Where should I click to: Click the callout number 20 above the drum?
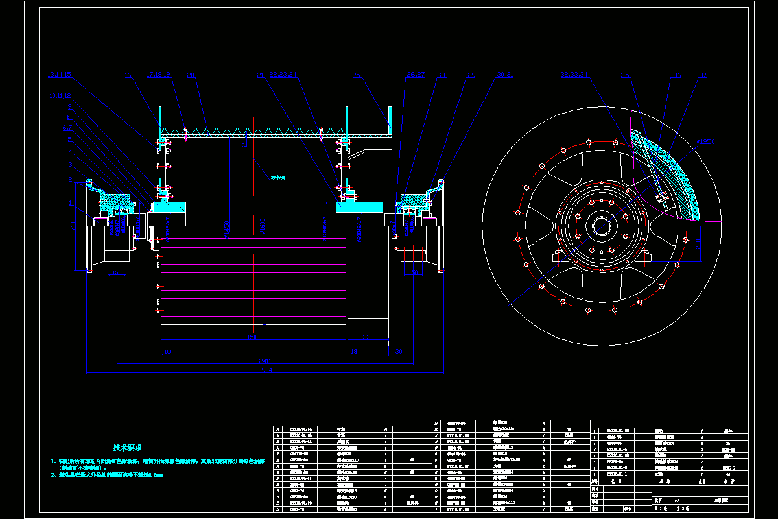tap(191, 75)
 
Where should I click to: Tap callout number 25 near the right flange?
tap(356, 75)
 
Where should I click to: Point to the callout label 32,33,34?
tap(574, 75)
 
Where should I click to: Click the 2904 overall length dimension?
tap(266, 370)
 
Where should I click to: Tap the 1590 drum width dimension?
tap(253, 337)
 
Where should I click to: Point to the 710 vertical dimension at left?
tap(73, 226)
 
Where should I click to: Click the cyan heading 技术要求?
tap(127, 447)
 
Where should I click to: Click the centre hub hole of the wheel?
tap(601, 226)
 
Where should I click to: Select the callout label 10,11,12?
tap(60, 96)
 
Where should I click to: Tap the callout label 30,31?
tap(505, 75)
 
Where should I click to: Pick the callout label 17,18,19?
tap(158, 75)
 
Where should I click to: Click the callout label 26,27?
tap(414, 75)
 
